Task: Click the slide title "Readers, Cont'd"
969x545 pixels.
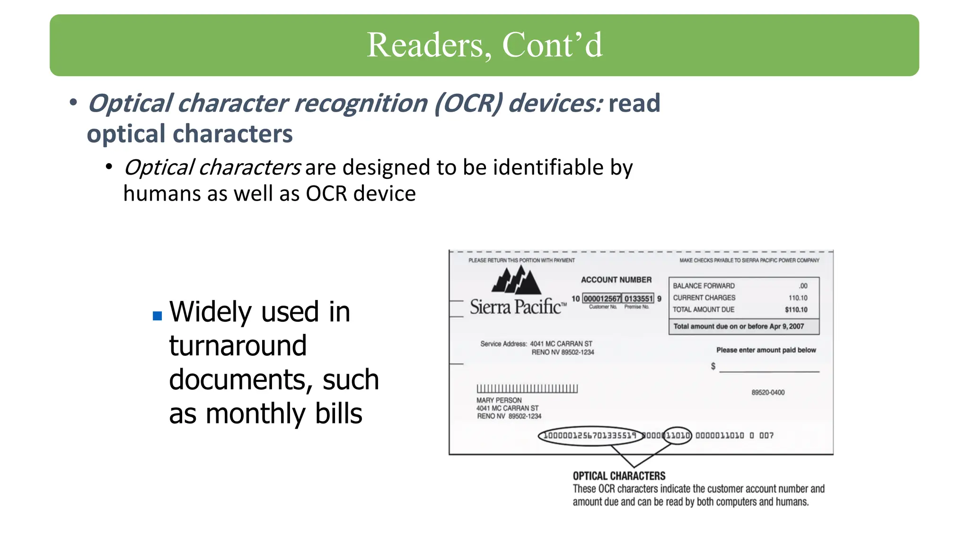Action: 484,45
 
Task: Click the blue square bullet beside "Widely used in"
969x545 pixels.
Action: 158,316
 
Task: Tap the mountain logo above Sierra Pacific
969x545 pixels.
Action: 516,280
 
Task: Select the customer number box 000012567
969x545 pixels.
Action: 601,299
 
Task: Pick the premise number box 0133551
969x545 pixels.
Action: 638,299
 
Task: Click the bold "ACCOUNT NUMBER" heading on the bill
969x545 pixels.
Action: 616,280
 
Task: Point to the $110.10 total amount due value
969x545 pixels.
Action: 796,310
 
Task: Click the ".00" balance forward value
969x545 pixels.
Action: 803,286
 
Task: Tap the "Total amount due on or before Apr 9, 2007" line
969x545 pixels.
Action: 738,326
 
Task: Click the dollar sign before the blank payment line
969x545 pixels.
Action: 713,367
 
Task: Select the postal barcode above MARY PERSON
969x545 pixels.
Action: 527,388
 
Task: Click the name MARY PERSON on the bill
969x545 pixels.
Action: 499,400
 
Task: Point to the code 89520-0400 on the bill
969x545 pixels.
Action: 768,393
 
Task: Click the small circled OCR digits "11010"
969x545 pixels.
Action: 678,435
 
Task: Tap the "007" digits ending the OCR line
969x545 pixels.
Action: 766,435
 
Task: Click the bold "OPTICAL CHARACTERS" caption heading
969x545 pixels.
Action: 619,476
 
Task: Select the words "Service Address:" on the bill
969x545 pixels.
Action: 503,344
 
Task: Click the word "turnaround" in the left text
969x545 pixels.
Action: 238,346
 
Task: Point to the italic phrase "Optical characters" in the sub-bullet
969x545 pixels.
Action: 212,167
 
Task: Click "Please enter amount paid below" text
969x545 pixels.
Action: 766,350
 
